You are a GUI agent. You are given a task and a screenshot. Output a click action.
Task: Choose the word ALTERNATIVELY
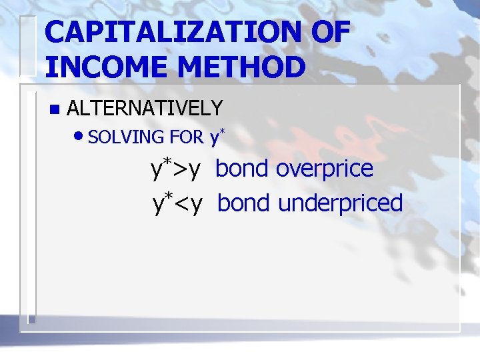tap(145, 107)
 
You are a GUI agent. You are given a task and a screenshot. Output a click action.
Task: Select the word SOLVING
tap(126, 137)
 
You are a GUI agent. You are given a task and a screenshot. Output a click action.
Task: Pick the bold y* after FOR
tap(217, 137)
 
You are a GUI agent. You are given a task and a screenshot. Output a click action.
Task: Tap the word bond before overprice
tap(242, 169)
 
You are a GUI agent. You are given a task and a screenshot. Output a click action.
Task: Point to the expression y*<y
tap(177, 203)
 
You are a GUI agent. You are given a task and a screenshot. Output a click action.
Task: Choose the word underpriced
tap(340, 203)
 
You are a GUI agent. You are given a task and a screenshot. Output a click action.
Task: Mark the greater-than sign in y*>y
tap(180, 171)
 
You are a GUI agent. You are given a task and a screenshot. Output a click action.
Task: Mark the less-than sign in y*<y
tap(181, 204)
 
